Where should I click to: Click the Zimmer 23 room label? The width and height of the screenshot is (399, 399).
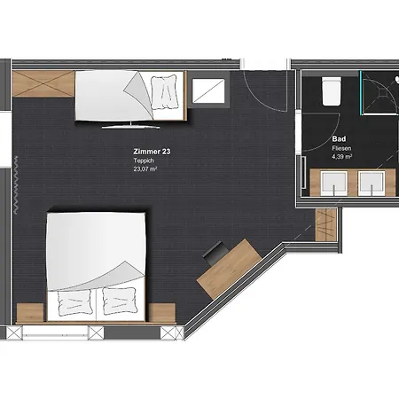pos(152,152)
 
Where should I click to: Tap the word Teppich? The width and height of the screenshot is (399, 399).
pos(144,160)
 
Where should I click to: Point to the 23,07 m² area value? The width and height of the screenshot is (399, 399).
pos(145,168)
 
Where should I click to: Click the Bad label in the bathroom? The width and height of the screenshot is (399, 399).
pos(339,138)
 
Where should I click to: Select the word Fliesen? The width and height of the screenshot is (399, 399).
pos(341,148)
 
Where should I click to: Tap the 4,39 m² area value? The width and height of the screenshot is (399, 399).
pos(341,156)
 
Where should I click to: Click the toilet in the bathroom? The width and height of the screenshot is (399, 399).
pos(332,91)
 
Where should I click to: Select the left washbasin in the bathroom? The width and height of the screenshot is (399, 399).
pos(334,184)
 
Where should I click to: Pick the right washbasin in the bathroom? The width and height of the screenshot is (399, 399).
pos(372,184)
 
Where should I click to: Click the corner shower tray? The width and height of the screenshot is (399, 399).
pos(380,93)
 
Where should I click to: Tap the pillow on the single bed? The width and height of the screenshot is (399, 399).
pos(164,92)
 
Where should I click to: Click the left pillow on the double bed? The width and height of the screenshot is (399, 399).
pos(74,302)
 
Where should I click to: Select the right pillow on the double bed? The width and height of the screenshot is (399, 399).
pos(120,301)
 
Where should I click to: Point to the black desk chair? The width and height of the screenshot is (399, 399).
pos(215,253)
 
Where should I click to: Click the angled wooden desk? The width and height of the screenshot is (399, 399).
pos(229,269)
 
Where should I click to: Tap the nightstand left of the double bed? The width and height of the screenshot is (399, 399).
pos(30,313)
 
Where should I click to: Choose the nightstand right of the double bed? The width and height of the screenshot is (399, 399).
pos(161,313)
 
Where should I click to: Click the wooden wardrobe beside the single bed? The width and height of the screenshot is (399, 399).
pos(43,83)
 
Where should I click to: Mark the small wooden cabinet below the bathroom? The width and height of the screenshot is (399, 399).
pos(326,224)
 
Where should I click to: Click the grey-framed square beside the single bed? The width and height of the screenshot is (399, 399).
pos(208,90)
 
